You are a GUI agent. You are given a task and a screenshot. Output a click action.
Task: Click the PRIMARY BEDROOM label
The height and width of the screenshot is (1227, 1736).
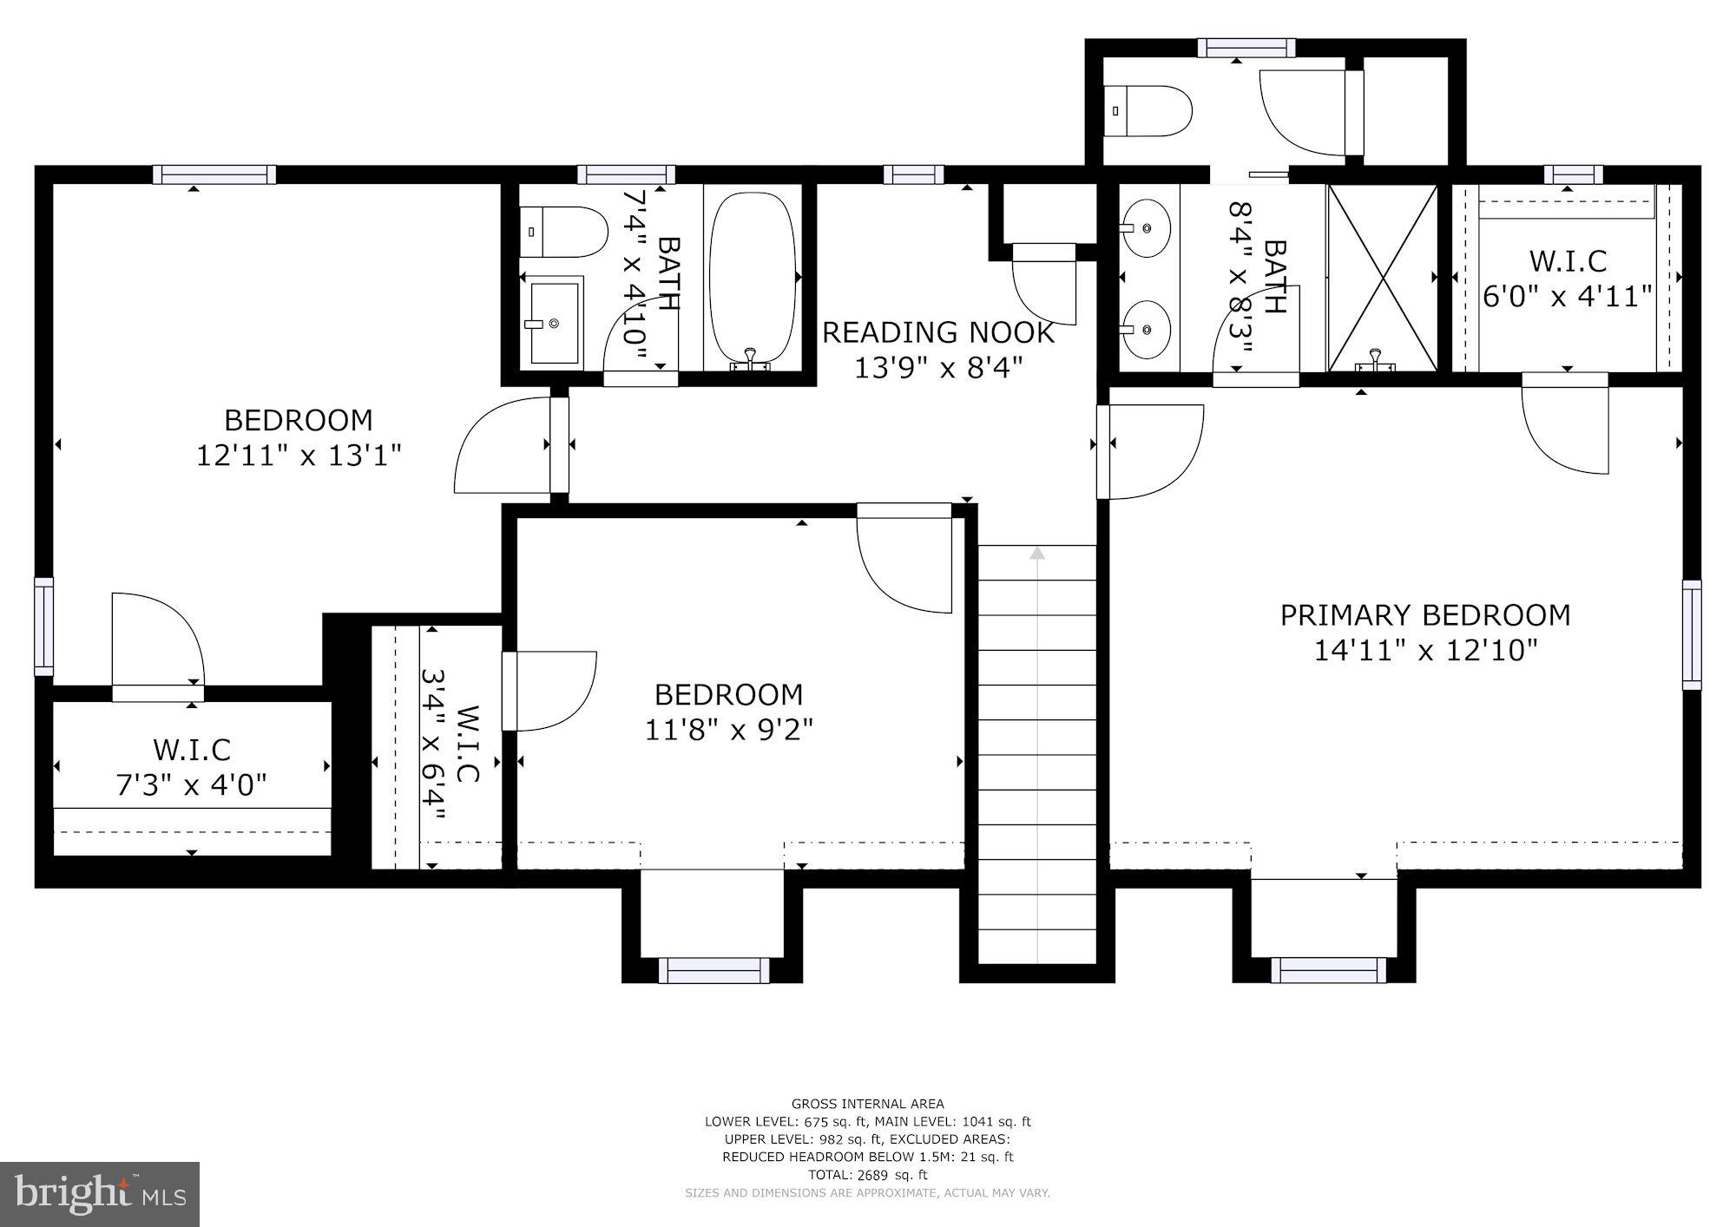coord(1425,615)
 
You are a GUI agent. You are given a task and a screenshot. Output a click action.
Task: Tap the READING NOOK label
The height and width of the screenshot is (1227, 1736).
coord(937,332)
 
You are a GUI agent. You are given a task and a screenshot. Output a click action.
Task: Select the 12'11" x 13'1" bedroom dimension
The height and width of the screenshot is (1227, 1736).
coord(299,456)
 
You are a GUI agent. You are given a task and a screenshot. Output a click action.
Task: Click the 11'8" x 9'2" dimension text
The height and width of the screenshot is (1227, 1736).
coord(728,730)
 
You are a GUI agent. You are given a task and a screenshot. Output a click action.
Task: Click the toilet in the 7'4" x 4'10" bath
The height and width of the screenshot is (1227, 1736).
coord(563,232)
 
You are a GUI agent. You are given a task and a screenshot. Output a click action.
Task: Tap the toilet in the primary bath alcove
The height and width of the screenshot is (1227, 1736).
coord(1147,111)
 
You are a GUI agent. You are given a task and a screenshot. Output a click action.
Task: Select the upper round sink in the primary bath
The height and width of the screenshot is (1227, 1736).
coord(1145,228)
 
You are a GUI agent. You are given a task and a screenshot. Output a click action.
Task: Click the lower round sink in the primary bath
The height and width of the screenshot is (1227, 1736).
coord(1145,330)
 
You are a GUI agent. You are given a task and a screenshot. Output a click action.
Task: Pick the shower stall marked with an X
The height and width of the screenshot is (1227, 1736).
coord(1382,278)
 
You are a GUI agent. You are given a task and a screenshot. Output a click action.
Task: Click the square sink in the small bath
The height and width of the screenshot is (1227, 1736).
coord(553,322)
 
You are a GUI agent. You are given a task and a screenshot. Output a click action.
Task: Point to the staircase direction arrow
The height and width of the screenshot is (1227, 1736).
coord(1037,553)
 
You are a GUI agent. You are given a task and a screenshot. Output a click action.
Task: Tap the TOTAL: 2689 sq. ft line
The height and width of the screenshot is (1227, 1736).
coord(867,1175)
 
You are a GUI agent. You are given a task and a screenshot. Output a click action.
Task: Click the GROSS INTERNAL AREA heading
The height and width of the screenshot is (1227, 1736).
coord(867,1104)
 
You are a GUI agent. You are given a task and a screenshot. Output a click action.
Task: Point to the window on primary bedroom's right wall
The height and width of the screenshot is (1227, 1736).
coord(1691,635)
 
